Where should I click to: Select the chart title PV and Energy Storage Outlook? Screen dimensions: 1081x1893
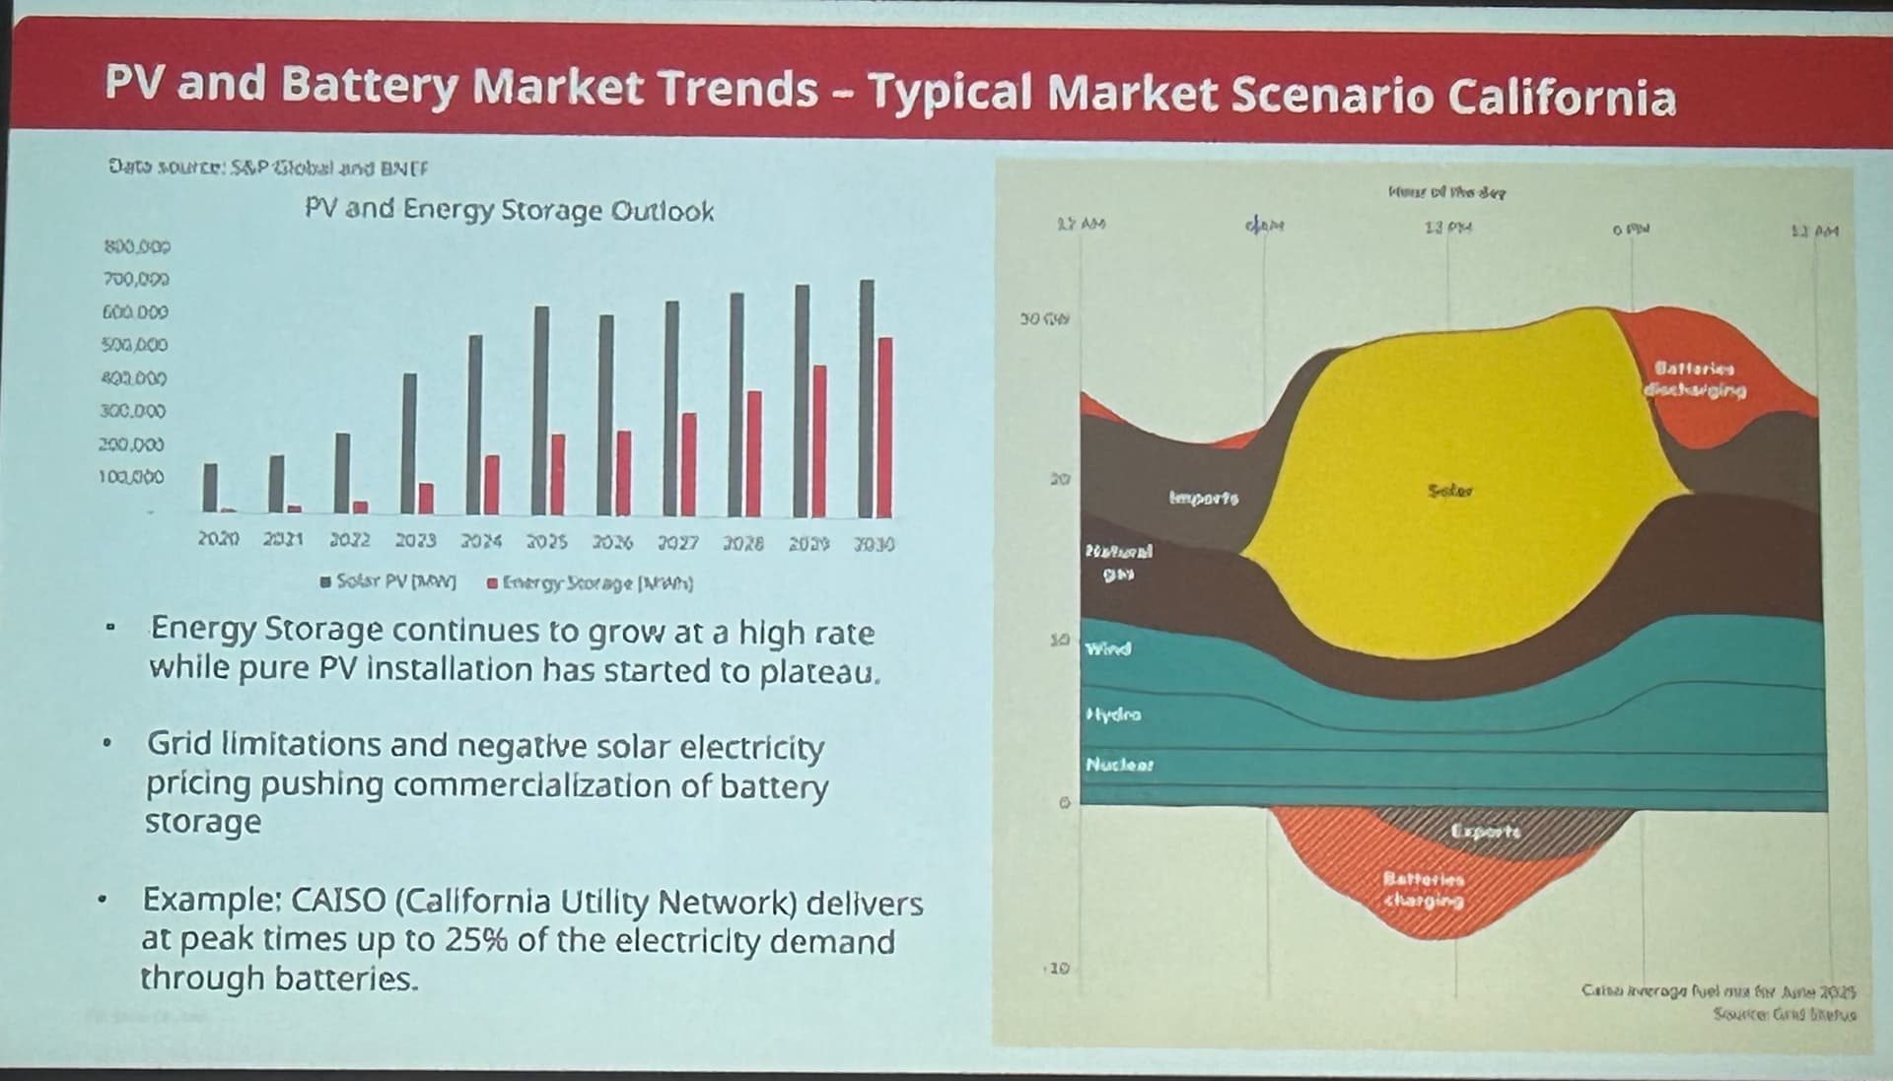509,210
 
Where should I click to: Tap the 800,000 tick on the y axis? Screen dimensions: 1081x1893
137,246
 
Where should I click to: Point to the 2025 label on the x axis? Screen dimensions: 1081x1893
546,542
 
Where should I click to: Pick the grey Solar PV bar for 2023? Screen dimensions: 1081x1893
410,442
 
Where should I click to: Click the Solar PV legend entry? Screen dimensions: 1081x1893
388,581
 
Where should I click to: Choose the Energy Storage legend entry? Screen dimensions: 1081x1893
591,583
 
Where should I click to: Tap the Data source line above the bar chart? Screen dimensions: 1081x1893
268,168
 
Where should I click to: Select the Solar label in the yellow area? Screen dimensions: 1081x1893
1450,490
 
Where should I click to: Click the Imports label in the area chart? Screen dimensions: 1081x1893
1204,498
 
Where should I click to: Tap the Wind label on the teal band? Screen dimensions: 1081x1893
1108,648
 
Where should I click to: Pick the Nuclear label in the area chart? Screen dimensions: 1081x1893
1119,765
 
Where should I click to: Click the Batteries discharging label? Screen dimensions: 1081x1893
1694,379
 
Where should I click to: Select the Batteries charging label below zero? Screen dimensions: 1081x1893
1424,889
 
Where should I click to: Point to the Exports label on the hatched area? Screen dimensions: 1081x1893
1486,832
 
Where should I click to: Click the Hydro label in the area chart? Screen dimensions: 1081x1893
1113,713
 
